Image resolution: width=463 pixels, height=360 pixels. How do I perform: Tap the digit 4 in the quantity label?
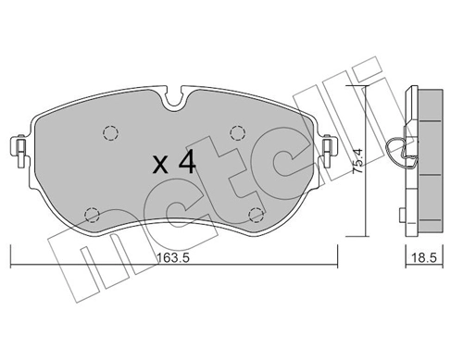tap(186, 165)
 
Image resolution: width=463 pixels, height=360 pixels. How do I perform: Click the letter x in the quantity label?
tap(159, 167)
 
